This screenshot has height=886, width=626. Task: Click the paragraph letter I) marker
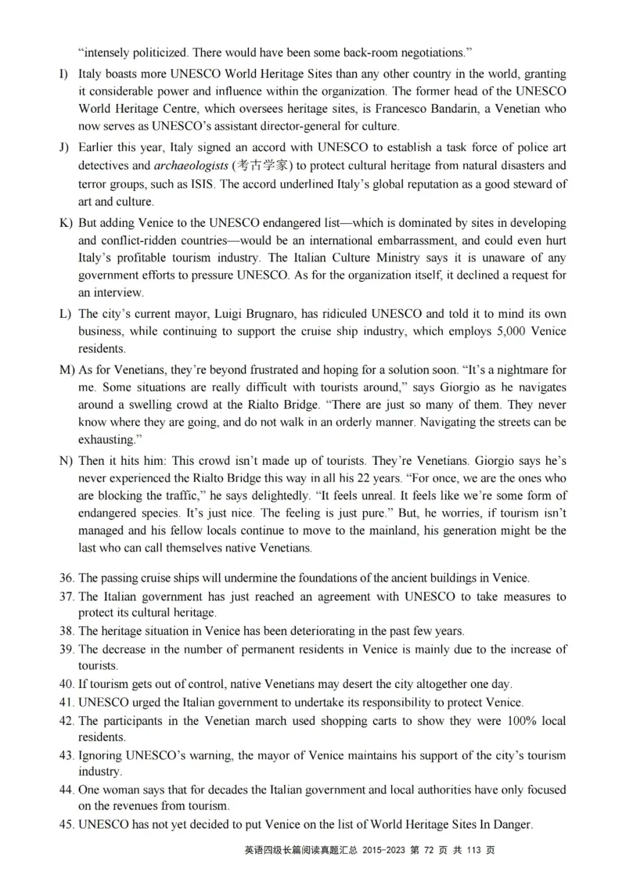click(63, 74)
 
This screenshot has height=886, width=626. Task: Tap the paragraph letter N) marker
click(65, 459)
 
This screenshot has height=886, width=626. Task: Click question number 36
click(67, 578)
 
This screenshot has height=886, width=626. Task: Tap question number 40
click(67, 684)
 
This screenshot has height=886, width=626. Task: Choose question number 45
click(67, 824)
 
